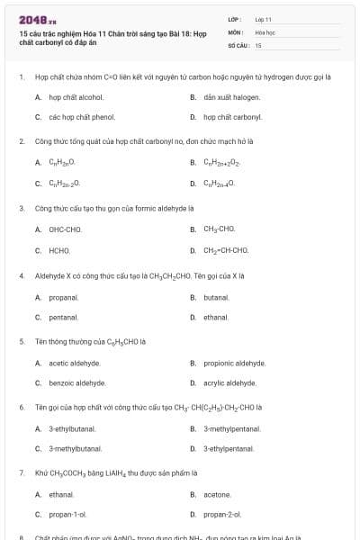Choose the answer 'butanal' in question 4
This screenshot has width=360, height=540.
click(x=216, y=296)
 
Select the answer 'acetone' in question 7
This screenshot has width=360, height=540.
click(x=217, y=494)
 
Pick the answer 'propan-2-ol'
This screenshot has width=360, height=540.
click(x=221, y=515)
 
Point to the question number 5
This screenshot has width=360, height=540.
click(x=21, y=342)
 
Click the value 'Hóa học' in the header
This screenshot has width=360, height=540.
click(x=264, y=31)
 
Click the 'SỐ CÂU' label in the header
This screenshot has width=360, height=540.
click(x=237, y=44)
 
